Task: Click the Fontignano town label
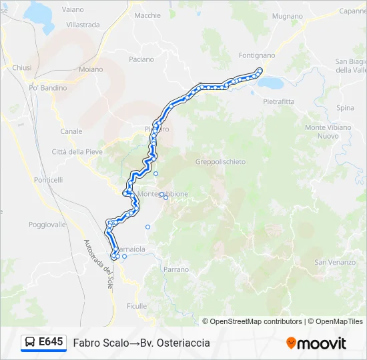(x=256, y=55)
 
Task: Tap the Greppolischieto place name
(x=221, y=162)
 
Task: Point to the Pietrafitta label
(x=278, y=101)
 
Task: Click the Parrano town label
(x=176, y=269)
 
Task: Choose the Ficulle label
(x=136, y=306)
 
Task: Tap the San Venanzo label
(x=330, y=262)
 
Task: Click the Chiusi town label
(x=22, y=67)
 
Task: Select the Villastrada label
(x=83, y=25)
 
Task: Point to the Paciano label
(x=141, y=59)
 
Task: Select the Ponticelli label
(x=48, y=180)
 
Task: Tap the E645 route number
(x=51, y=342)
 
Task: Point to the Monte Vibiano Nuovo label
(x=328, y=131)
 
